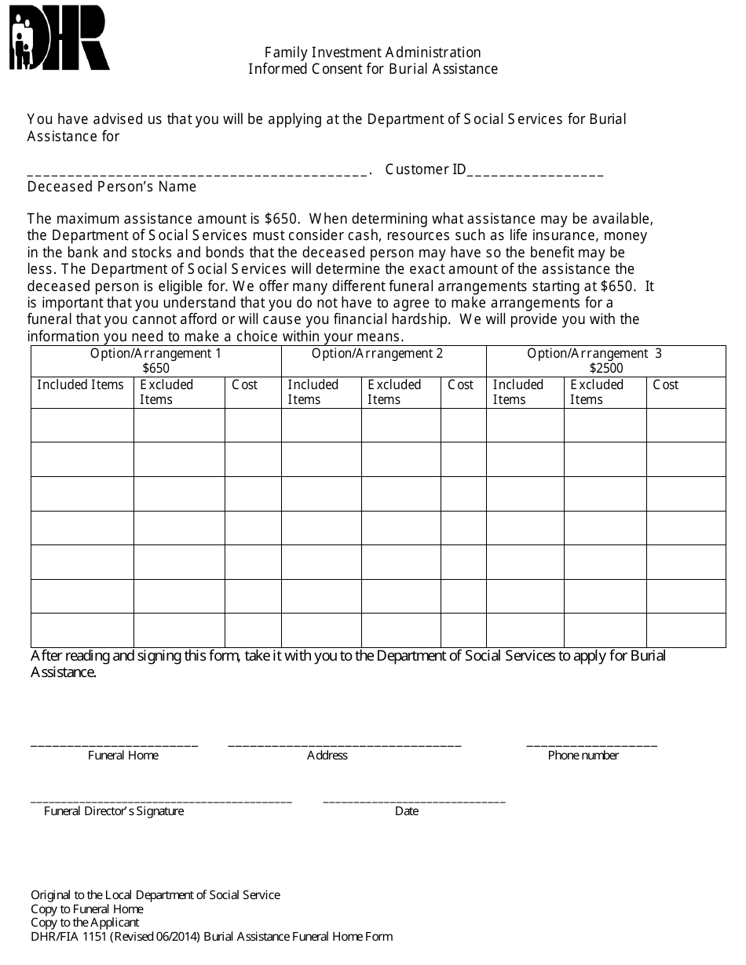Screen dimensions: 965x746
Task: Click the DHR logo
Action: point(59,38)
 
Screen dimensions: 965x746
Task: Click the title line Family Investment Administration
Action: point(372,53)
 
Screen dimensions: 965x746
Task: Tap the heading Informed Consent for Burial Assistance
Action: point(372,69)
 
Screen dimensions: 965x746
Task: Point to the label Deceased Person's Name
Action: point(112,188)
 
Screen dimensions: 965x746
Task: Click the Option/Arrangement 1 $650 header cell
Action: point(155,361)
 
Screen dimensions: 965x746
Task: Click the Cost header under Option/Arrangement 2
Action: point(461,384)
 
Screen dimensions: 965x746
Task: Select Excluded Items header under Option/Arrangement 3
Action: point(597,391)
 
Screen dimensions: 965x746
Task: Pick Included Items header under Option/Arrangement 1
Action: point(81,384)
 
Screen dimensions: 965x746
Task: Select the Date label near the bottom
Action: point(407,811)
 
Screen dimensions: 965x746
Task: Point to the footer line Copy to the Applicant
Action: point(85,923)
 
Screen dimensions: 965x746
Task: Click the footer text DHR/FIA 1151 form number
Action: point(211,937)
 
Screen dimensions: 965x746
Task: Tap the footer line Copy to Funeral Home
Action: point(87,909)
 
